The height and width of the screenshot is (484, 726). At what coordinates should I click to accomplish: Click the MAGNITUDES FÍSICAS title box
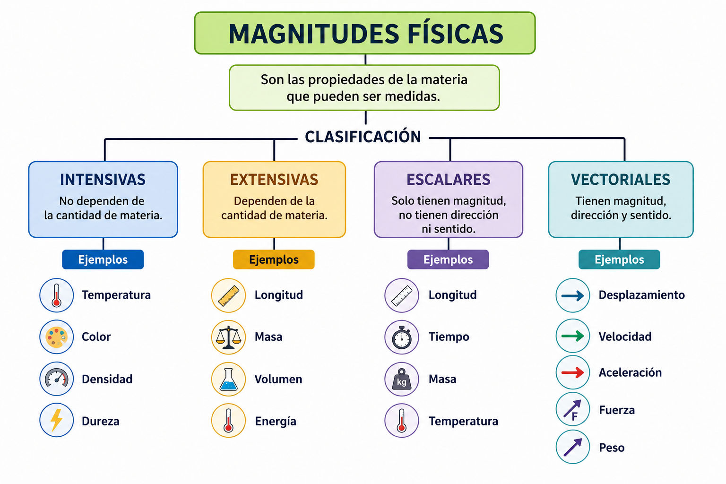click(x=364, y=33)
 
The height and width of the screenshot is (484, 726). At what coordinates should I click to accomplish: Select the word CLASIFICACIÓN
click(x=363, y=136)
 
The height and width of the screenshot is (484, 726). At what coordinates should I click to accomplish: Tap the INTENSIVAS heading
click(x=103, y=180)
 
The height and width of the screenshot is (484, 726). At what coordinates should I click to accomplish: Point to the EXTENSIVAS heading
click(x=274, y=180)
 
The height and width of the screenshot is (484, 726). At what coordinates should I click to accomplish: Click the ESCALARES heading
click(x=448, y=180)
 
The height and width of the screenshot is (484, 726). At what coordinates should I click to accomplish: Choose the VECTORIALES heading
click(x=620, y=180)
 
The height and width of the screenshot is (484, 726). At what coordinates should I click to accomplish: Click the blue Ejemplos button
click(x=103, y=259)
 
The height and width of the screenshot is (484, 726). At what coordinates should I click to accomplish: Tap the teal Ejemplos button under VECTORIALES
click(x=619, y=259)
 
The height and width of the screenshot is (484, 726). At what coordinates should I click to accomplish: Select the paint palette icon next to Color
click(x=56, y=337)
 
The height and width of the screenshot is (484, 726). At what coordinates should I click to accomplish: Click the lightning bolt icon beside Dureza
click(x=56, y=420)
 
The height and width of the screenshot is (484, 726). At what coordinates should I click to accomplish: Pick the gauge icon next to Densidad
click(x=56, y=379)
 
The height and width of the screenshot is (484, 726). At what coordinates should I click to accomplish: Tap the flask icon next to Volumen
click(x=228, y=379)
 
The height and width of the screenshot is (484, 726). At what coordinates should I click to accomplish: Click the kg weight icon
click(x=402, y=379)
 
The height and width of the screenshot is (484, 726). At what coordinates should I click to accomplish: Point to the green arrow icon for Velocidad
click(x=573, y=336)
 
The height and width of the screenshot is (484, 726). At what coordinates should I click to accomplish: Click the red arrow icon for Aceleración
click(x=573, y=372)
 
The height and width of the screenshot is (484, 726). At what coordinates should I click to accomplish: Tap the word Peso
click(x=612, y=448)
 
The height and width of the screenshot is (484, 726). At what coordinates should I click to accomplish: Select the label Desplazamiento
click(x=642, y=295)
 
